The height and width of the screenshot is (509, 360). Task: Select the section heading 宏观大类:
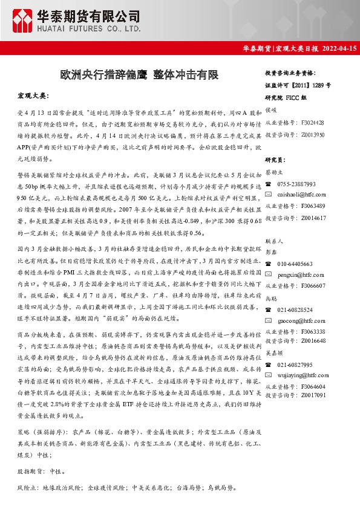[x=33, y=96]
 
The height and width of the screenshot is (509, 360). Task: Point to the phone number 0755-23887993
[x=296, y=184]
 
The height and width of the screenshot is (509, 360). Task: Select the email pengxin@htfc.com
[x=299, y=274]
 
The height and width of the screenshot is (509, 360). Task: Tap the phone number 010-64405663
[x=295, y=264]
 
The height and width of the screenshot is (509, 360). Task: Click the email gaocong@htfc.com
[x=299, y=320]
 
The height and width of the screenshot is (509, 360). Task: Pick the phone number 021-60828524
[x=295, y=310]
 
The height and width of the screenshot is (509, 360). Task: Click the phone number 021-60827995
[x=295, y=365]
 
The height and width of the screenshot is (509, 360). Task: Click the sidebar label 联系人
[x=275, y=241]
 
